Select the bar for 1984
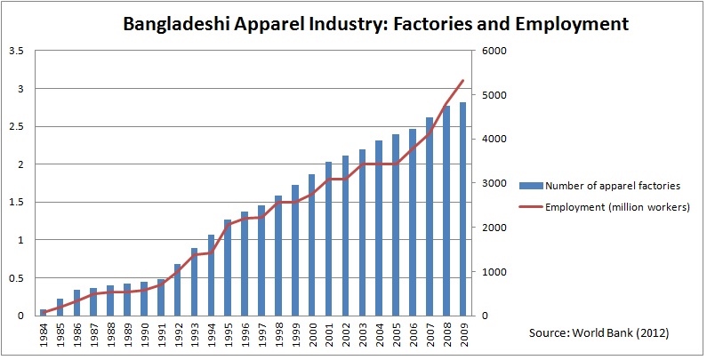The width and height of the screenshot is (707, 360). [43, 312]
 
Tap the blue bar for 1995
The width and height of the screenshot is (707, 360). [227, 268]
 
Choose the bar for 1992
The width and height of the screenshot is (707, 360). [177, 290]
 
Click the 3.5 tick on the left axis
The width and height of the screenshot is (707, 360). [15, 51]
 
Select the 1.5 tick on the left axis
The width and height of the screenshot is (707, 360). [15, 202]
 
